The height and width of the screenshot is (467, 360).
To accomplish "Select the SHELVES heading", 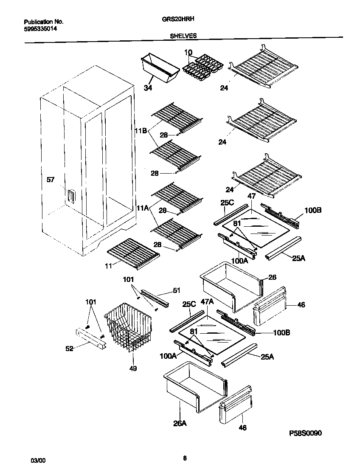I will pyautogui.click(x=183, y=37).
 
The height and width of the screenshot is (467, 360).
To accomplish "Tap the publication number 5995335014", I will pyautogui.click(x=40, y=28).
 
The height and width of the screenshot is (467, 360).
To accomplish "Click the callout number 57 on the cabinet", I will pyautogui.click(x=51, y=180).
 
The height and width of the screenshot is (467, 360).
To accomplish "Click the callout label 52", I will pyautogui.click(x=69, y=349).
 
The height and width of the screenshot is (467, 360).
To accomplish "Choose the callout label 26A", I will pyautogui.click(x=180, y=423).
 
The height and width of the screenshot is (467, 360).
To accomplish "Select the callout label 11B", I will pyautogui.click(x=141, y=131).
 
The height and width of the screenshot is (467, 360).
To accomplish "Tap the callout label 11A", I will pyautogui.click(x=143, y=208).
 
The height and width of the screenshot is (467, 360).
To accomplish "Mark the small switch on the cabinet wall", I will pyautogui.click(x=69, y=197).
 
